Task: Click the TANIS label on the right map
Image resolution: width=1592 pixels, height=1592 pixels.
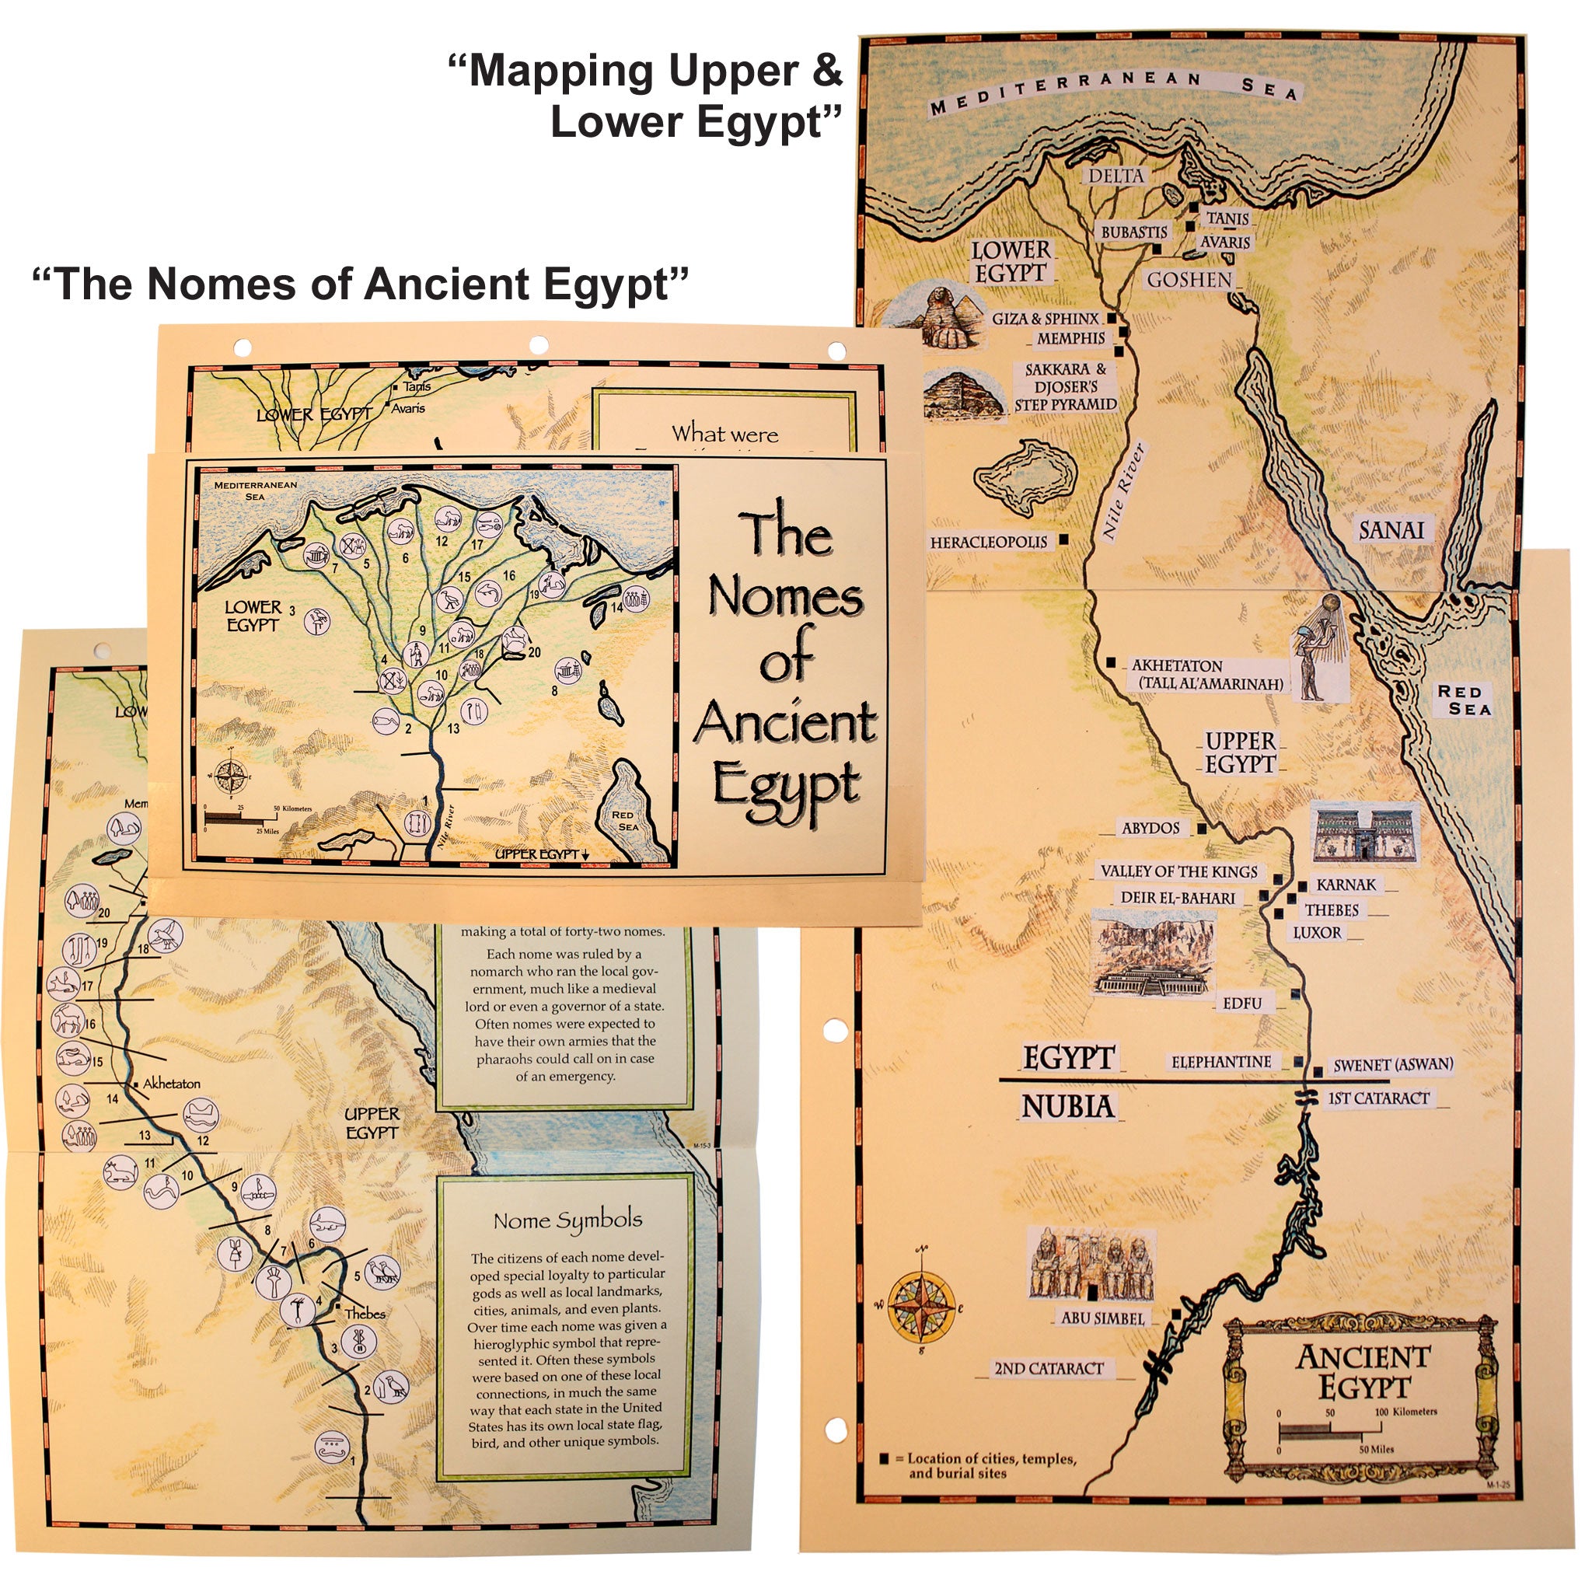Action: click(1227, 218)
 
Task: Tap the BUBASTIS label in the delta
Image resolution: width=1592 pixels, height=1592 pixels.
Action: click(1134, 232)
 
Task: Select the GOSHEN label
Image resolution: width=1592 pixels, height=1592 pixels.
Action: click(1189, 280)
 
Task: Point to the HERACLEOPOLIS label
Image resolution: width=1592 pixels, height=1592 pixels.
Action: click(988, 543)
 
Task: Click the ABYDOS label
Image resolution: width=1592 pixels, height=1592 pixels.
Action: click(1150, 828)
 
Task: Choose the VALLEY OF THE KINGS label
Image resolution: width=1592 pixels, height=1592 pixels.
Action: click(1179, 871)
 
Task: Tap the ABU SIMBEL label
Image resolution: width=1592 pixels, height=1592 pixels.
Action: click(1102, 1318)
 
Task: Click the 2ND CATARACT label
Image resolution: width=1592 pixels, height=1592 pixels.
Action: click(1048, 1369)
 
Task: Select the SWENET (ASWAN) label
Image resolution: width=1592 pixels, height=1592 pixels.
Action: click(1392, 1065)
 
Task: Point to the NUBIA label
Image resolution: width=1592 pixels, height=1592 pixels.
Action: click(1068, 1107)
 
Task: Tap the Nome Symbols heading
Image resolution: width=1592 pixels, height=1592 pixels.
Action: click(567, 1220)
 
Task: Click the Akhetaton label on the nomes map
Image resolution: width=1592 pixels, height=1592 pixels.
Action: click(171, 1084)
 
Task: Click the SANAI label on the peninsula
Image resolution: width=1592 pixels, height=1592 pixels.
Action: click(1391, 529)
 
